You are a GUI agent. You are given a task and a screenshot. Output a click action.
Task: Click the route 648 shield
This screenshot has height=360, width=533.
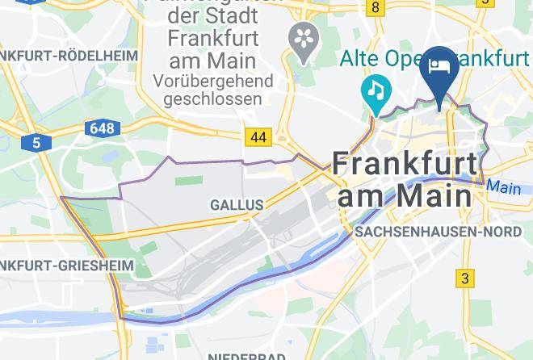click(103, 128)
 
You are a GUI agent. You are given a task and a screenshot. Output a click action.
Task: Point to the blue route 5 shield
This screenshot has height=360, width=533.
click(37, 143)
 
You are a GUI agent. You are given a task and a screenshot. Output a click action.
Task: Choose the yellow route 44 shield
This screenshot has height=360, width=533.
click(258, 138)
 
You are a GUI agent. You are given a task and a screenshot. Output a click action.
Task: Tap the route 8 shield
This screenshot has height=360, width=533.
click(375, 7)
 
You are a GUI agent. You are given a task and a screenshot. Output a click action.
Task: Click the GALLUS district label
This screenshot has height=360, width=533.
click(237, 205)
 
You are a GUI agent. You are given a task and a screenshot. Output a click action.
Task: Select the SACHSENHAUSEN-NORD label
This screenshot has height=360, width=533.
click(439, 232)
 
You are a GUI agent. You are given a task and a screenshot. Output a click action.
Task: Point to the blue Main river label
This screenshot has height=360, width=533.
click(504, 188)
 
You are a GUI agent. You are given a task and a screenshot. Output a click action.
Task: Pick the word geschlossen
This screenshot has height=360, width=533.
click(212, 99)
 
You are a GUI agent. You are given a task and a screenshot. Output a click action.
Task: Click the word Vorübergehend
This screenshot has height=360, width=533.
click(213, 82)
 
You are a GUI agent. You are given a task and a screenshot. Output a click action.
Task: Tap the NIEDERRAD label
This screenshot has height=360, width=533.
click(246, 356)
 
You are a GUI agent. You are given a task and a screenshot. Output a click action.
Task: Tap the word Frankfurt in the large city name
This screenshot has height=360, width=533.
click(405, 164)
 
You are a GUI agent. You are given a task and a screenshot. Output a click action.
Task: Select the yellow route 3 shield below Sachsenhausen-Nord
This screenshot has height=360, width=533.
click(464, 279)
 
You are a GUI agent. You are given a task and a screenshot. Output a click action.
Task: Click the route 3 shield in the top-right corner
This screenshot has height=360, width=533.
click(485, 3)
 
